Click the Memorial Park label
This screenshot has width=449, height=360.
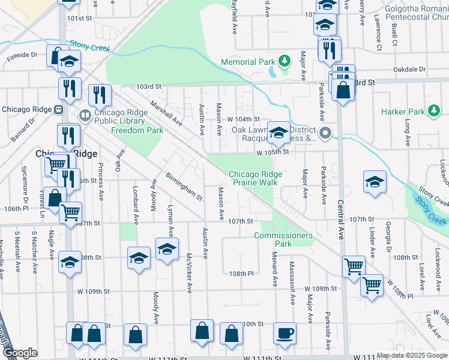pyautogui.click(x=247, y=62)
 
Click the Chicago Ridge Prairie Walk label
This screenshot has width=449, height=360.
pyautogui.click(x=255, y=178)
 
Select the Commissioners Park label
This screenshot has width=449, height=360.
pyautogui.click(x=283, y=239)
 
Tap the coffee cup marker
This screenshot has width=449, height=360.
pyautogui.click(x=285, y=332)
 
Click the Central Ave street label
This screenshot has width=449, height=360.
pyautogui.click(x=340, y=220)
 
